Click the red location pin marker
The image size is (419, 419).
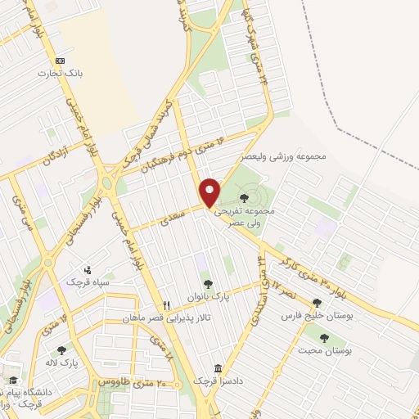point(210,191)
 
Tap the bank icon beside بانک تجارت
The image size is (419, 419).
point(60,61)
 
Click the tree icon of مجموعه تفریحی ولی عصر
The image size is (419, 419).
point(245,197)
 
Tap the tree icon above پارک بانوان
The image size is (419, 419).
point(209,283)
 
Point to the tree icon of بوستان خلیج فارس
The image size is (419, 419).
point(317,304)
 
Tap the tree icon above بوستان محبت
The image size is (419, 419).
point(325,337)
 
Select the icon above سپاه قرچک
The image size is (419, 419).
point(88,269)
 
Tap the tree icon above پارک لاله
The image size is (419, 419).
point(61,350)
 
